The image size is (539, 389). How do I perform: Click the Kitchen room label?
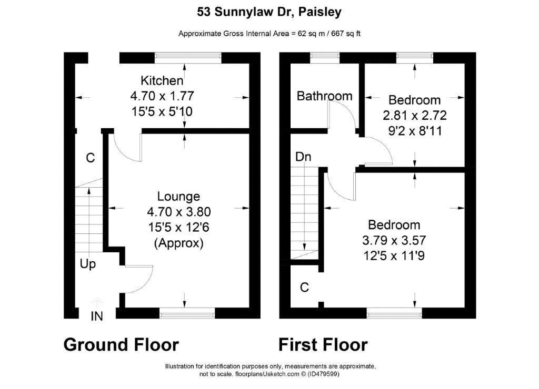(162, 80)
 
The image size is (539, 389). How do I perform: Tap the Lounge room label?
(178, 197)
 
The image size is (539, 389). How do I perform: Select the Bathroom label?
(324, 96)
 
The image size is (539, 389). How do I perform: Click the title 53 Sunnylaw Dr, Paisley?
(269, 12)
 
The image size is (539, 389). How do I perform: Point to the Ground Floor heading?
(121, 345)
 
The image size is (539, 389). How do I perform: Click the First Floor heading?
(323, 345)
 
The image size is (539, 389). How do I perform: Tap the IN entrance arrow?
(97, 302)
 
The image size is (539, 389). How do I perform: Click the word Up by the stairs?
(88, 264)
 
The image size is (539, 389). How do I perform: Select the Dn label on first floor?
(303, 157)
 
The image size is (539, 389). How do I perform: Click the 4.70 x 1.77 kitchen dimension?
(162, 96)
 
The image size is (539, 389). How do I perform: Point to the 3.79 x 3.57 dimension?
(394, 240)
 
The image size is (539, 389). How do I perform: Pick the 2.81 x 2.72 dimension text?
(415, 115)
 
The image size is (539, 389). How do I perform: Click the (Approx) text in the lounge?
(179, 243)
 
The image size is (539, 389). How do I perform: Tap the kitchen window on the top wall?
(188, 58)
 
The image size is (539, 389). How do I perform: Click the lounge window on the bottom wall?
(187, 313)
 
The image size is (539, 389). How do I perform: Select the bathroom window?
(325, 58)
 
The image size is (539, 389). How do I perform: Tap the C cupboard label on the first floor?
(304, 288)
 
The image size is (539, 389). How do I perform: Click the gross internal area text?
(269, 34)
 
